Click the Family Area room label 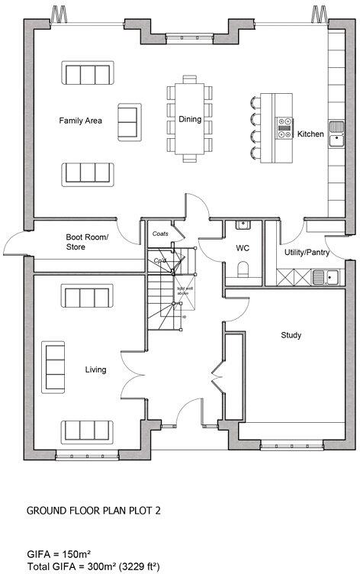(81, 121)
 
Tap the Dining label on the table (190, 119)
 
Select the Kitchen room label (310, 134)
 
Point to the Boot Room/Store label (87, 242)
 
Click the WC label (243, 248)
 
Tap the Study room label (291, 335)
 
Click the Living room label (95, 370)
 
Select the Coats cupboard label (161, 234)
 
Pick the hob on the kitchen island (284, 127)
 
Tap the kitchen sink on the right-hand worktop (336, 131)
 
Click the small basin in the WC (243, 224)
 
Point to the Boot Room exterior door (15, 244)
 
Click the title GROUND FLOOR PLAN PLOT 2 (93, 510)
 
